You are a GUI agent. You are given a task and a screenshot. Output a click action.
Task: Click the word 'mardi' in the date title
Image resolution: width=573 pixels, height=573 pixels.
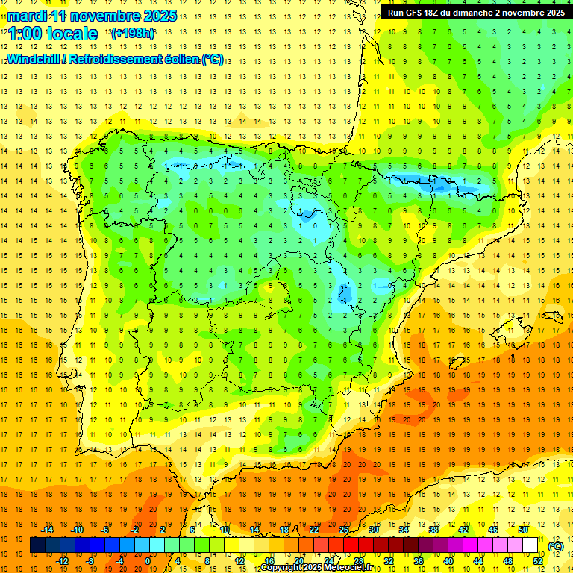click(x=25, y=16)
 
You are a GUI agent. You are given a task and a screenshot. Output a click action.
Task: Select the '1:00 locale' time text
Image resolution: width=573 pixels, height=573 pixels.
click(x=53, y=34)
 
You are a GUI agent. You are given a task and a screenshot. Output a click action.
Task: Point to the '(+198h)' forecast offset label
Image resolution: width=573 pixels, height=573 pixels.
click(x=132, y=34)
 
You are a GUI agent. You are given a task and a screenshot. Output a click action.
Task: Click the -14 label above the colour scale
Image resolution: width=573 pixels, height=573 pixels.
click(x=46, y=530)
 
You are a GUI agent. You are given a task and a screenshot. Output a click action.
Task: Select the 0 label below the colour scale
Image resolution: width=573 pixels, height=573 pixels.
click(x=148, y=561)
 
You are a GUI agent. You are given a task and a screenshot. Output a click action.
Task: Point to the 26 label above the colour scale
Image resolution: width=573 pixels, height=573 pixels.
click(x=344, y=530)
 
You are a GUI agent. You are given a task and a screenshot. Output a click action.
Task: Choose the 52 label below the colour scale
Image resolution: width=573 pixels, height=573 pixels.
click(x=538, y=561)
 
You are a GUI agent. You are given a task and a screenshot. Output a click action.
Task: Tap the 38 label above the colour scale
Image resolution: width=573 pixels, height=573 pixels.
click(x=433, y=530)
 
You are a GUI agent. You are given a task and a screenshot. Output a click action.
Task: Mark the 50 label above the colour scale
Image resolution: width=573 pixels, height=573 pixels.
click(x=523, y=530)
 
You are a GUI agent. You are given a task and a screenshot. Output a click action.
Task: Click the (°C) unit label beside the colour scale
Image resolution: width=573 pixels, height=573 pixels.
click(x=555, y=546)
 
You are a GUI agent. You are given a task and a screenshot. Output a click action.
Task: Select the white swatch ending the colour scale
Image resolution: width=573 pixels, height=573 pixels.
click(x=530, y=545)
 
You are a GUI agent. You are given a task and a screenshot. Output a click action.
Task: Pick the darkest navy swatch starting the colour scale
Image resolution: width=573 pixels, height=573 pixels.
click(x=37, y=545)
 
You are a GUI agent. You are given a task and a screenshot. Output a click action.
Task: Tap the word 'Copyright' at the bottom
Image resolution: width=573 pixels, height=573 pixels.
click(x=285, y=568)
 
